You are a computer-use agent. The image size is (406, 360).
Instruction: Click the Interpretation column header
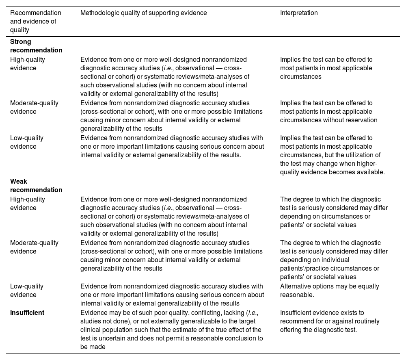(x=299, y=13)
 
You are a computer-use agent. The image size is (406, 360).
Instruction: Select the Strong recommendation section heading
(x=36, y=46)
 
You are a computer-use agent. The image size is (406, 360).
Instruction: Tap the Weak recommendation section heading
(x=36, y=186)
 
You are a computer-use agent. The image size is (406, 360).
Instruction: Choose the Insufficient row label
(x=27, y=312)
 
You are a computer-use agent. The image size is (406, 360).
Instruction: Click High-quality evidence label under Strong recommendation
(x=28, y=64)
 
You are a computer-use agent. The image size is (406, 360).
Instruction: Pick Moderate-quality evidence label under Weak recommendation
(x=34, y=247)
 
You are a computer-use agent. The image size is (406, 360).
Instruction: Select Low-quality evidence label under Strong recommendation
(x=26, y=142)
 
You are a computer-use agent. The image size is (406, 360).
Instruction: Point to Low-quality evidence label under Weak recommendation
(x=26, y=291)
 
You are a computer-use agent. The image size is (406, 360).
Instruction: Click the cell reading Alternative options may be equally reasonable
(x=329, y=291)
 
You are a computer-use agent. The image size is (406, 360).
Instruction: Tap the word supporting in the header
(x=158, y=13)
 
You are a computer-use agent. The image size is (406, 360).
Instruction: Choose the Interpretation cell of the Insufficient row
(x=329, y=321)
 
